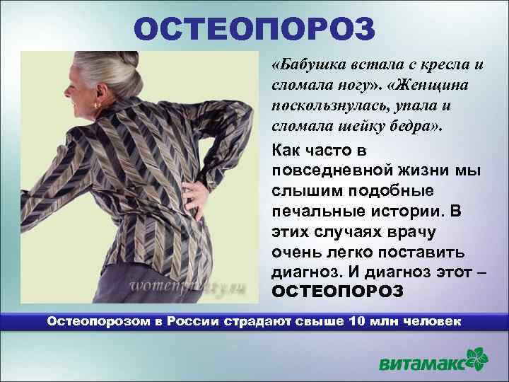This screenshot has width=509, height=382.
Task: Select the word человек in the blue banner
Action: [432, 321]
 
